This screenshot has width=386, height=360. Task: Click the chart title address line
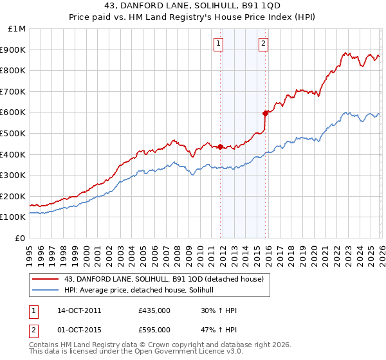[193, 7]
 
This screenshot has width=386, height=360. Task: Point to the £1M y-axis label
[17, 29]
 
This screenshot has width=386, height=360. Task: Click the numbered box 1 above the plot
[219, 44]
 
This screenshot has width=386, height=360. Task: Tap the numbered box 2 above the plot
[264, 44]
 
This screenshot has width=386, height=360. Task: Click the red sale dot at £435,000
[220, 147]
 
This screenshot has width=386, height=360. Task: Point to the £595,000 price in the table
[154, 330]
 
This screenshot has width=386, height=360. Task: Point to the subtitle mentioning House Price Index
[193, 19]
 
